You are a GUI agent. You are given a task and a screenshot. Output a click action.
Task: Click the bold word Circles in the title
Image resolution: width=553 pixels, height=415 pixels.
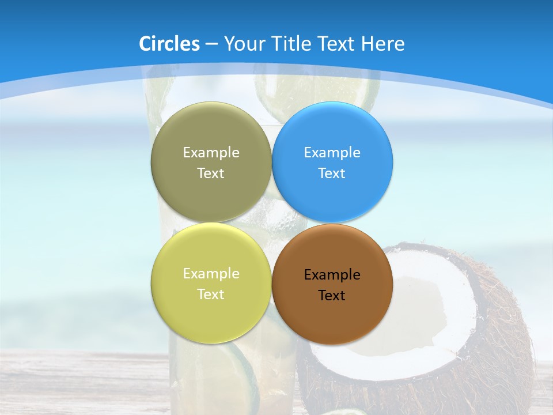169,44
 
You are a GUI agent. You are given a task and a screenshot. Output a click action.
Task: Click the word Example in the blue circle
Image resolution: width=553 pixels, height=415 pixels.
332,153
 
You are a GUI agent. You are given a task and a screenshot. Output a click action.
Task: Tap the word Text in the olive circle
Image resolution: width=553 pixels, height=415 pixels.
211,173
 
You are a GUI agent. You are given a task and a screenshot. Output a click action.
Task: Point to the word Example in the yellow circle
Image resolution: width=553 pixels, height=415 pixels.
211,274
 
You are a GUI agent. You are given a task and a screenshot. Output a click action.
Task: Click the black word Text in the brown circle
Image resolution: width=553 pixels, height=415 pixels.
332,296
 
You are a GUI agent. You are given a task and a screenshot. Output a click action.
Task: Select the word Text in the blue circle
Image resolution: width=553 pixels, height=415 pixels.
332,173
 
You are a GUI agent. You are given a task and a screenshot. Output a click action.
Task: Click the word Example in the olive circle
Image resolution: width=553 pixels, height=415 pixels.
211,153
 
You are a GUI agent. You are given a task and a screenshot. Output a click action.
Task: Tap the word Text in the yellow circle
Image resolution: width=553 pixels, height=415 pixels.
211,295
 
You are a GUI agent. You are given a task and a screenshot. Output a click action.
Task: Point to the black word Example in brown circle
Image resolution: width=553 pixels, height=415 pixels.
332,275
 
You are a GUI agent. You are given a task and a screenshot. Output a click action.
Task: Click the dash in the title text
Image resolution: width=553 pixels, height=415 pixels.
211,44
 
